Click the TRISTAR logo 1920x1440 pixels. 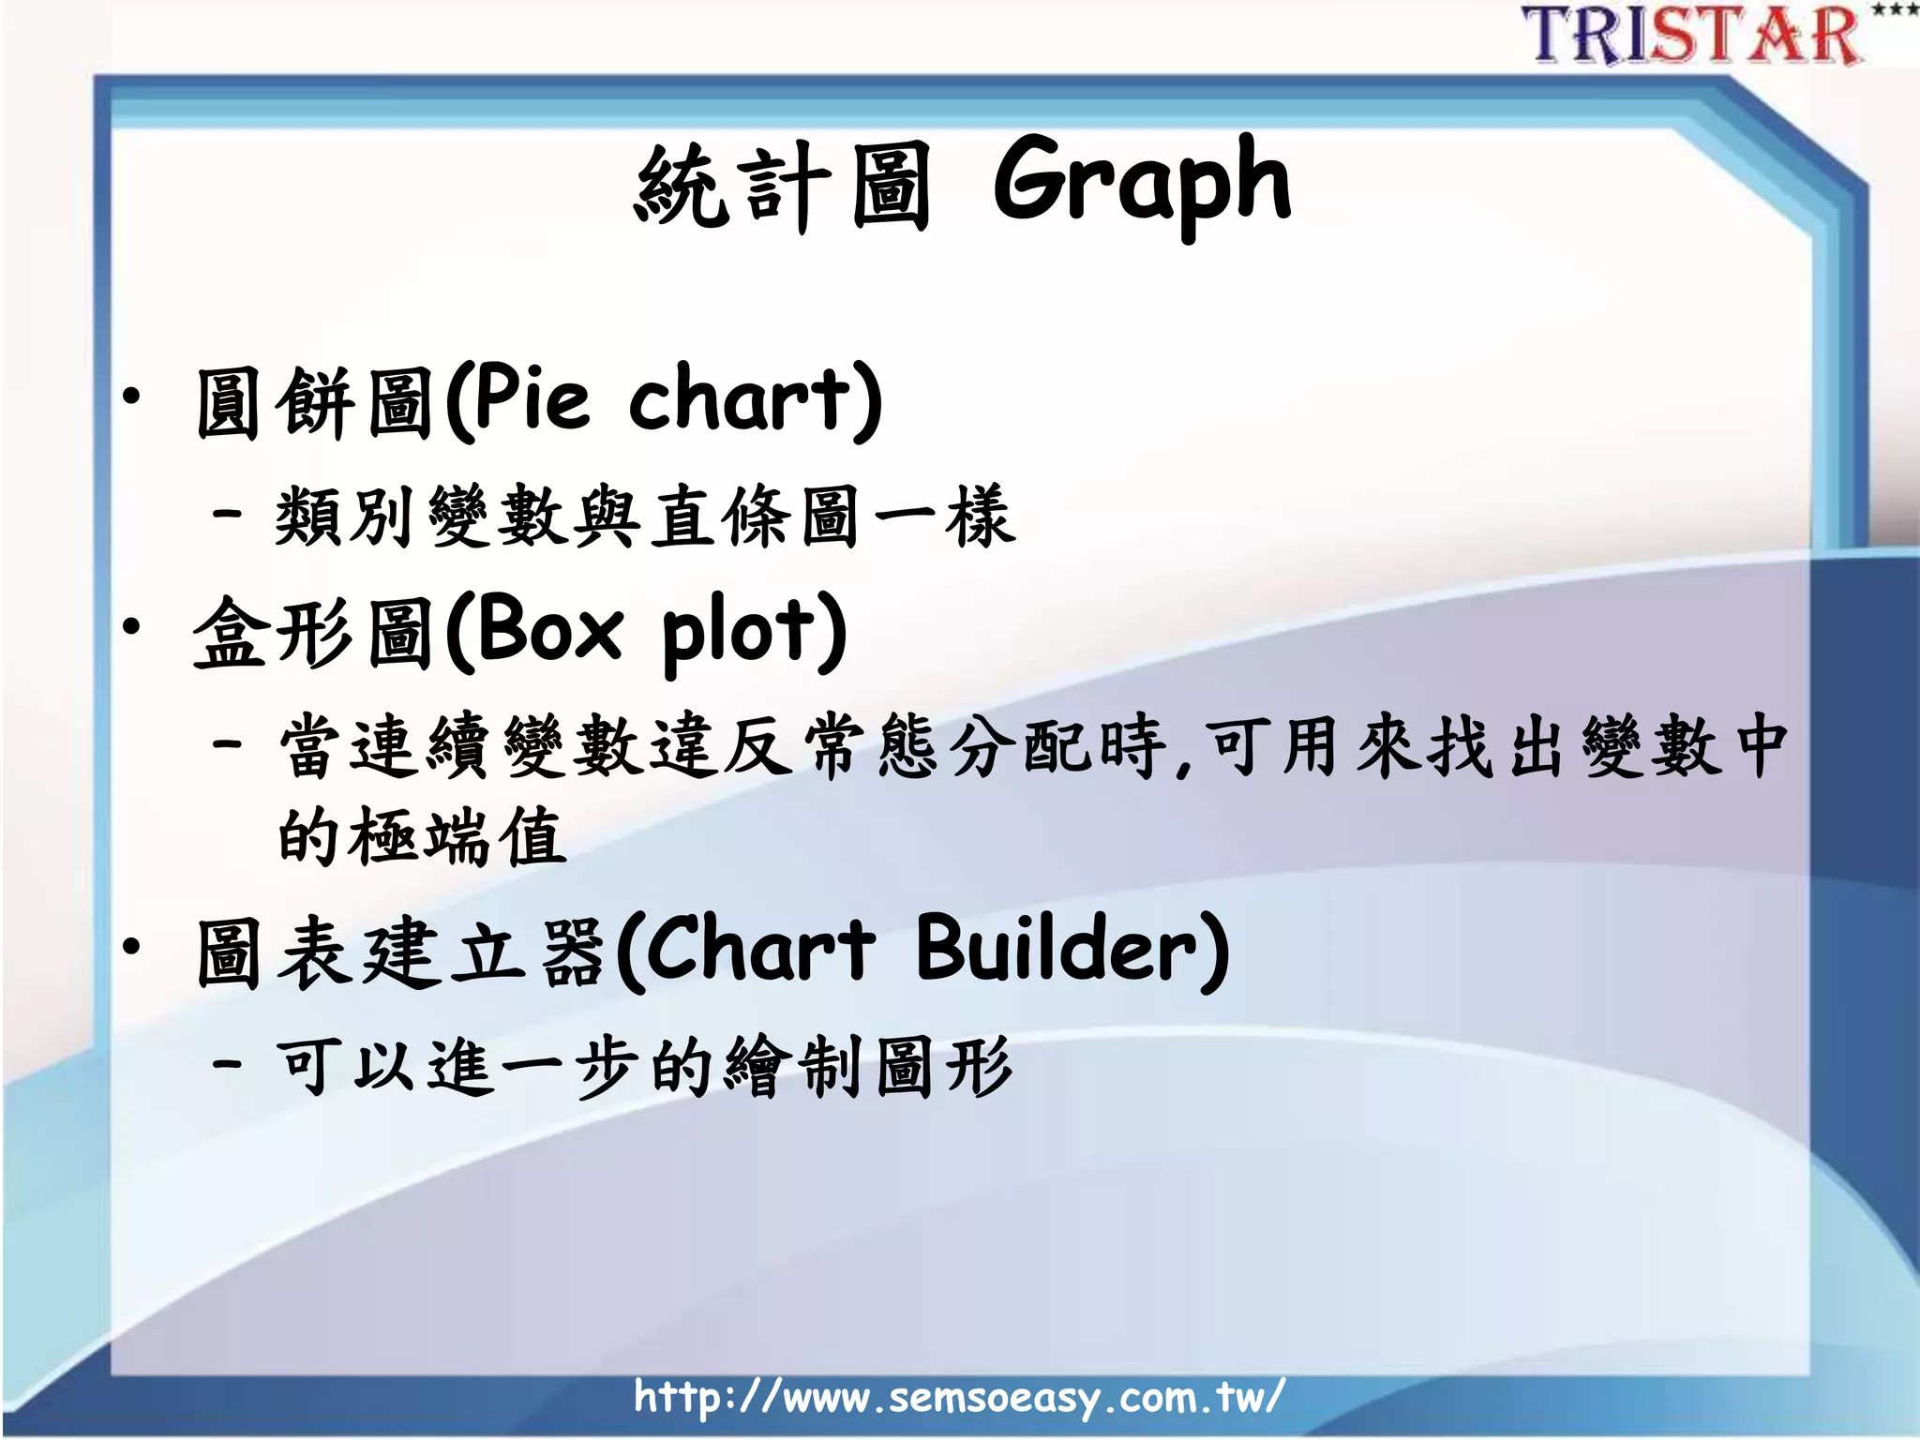(x=1692, y=36)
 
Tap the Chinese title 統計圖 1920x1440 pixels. (x=783, y=187)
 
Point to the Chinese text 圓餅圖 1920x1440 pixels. (x=314, y=404)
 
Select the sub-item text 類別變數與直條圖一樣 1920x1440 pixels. (x=645, y=517)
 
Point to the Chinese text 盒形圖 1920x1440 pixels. (x=314, y=634)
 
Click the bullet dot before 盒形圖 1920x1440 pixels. (x=132, y=625)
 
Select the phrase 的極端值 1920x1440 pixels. (x=422, y=836)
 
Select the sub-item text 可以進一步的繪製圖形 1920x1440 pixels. (x=645, y=1067)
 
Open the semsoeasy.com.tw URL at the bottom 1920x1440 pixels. (x=958, y=1398)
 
